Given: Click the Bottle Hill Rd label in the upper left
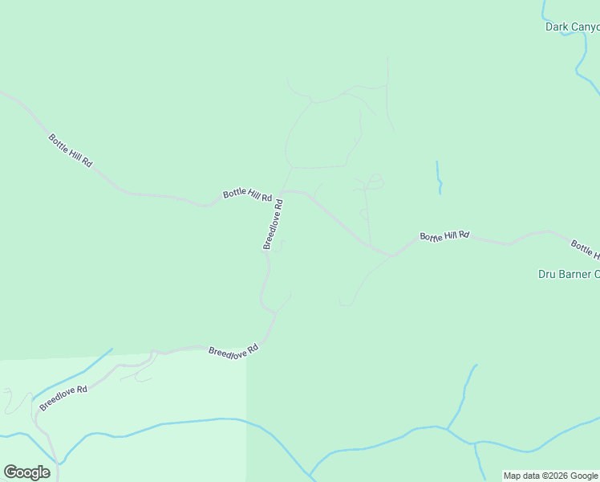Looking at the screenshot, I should tap(70, 150).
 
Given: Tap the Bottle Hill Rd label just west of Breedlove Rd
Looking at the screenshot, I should tap(247, 194).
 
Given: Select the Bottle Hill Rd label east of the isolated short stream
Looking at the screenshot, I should tap(444, 236).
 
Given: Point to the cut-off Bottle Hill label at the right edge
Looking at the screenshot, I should tap(585, 249).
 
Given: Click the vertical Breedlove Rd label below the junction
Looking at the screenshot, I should tap(273, 224).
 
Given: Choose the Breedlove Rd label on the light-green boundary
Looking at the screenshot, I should tap(233, 351).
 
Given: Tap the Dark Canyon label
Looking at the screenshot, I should tap(572, 27).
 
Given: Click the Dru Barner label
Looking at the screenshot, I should tap(568, 274).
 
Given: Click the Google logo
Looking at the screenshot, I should tap(26, 472).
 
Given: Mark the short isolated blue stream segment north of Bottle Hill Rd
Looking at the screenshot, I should tap(439, 177).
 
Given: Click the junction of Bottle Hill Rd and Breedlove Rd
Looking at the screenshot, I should tap(287, 191).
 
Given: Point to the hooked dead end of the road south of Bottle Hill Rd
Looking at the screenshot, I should tap(343, 304).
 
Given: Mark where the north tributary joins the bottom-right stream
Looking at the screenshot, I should tap(448, 430).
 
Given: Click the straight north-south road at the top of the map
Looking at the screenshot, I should tap(387, 88).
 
